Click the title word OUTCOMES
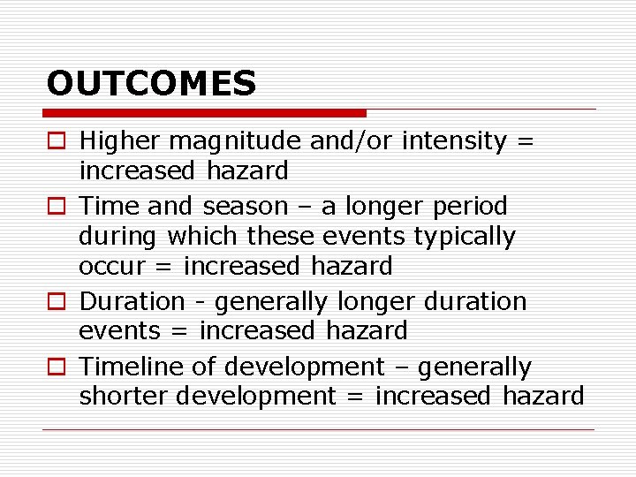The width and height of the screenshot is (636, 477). pyautogui.click(x=151, y=84)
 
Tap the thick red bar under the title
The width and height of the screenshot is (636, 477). pyautogui.click(x=204, y=113)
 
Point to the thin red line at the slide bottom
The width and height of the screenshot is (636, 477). pyautogui.click(x=318, y=429)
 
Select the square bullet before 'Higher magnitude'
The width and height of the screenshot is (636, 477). pyautogui.click(x=56, y=141)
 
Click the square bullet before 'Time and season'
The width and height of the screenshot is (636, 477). pyautogui.click(x=56, y=207)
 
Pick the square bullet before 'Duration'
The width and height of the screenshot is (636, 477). pyautogui.click(x=56, y=302)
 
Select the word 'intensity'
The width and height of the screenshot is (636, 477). pyautogui.click(x=454, y=140)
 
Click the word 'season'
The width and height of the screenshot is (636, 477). pyautogui.click(x=245, y=207)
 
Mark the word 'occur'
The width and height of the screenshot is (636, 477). pyautogui.click(x=110, y=266)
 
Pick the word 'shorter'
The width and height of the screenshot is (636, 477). pyautogui.click(x=124, y=397)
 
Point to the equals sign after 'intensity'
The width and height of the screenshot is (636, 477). pyautogui.click(x=524, y=141)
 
